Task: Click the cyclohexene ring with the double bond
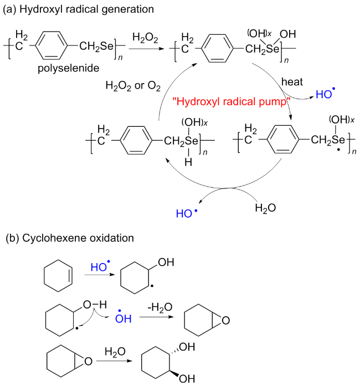tap(57, 275)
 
